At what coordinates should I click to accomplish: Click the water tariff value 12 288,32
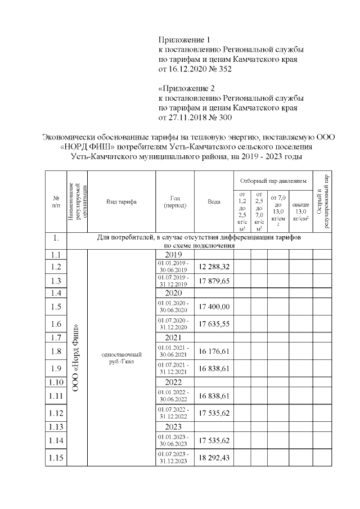coord(213,267)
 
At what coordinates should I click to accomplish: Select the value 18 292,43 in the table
coord(213,458)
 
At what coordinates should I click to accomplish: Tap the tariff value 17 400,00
coord(213,307)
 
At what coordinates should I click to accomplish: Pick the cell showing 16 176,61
coord(213,352)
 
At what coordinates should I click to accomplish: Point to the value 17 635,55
coord(213,324)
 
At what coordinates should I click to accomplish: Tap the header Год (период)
coord(174,201)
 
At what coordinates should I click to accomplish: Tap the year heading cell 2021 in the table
coord(174,337)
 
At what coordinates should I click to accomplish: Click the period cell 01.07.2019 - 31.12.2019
coord(174,281)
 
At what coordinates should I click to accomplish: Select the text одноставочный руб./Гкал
coord(121,358)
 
